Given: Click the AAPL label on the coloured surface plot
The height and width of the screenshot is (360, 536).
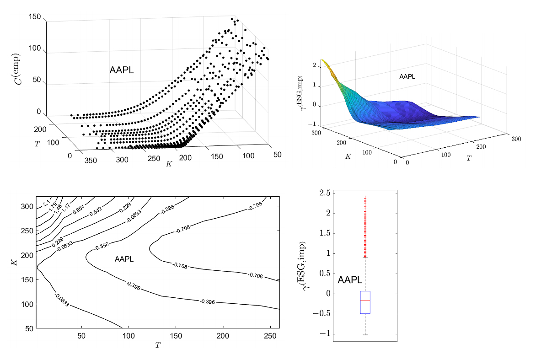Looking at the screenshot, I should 407,76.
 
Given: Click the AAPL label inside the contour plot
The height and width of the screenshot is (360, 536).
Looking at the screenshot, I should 124,259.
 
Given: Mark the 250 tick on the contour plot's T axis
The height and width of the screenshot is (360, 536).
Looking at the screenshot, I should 270,336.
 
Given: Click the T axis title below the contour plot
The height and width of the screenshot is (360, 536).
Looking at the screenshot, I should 158,345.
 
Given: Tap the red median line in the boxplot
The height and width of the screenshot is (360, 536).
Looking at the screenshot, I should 365,300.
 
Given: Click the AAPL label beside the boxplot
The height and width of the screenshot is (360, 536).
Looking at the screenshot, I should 350,280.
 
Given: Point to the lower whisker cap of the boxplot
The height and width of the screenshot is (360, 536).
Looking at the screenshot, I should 365,335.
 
